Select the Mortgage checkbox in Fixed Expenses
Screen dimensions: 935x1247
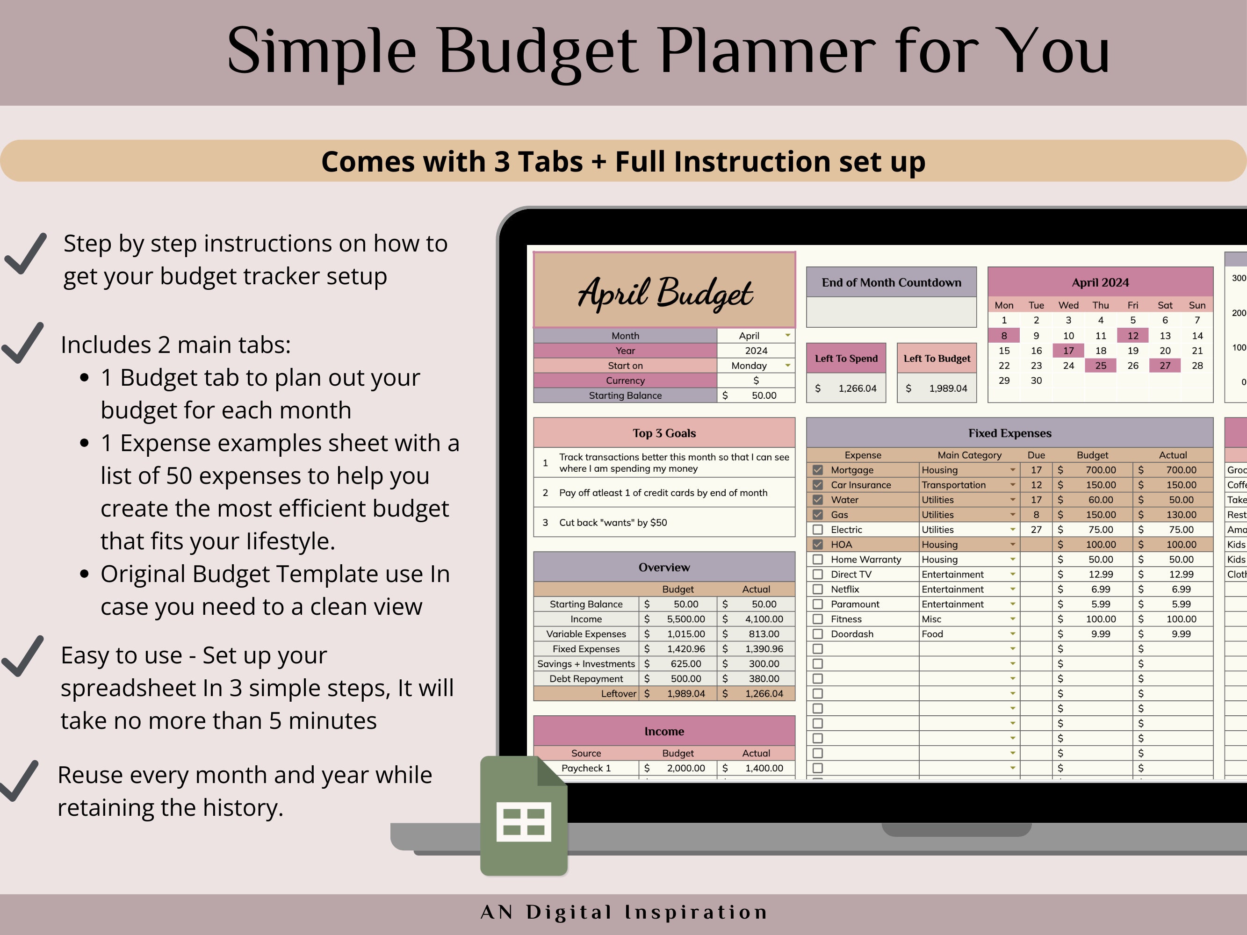click(x=818, y=470)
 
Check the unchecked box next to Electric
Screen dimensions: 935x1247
click(x=818, y=530)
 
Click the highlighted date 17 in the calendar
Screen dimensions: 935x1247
click(x=1068, y=351)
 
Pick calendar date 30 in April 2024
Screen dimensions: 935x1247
click(x=1036, y=381)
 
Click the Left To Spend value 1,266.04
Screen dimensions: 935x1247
click(x=857, y=388)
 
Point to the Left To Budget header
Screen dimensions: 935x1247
click(x=937, y=359)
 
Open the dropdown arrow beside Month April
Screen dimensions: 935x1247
click(x=787, y=335)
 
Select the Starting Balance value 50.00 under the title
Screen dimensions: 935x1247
click(x=764, y=396)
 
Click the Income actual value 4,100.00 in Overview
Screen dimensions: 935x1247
click(x=764, y=619)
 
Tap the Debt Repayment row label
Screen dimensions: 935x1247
click(x=586, y=678)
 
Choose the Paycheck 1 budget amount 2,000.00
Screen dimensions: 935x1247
click(x=685, y=768)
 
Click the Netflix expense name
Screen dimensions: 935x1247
click(x=844, y=589)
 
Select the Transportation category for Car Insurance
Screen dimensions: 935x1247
click(x=954, y=485)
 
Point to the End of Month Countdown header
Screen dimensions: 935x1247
click(x=891, y=282)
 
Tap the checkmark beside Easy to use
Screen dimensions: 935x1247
click(x=22, y=656)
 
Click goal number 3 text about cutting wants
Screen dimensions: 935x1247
click(x=613, y=523)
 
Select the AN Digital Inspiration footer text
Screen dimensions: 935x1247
click(x=624, y=913)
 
